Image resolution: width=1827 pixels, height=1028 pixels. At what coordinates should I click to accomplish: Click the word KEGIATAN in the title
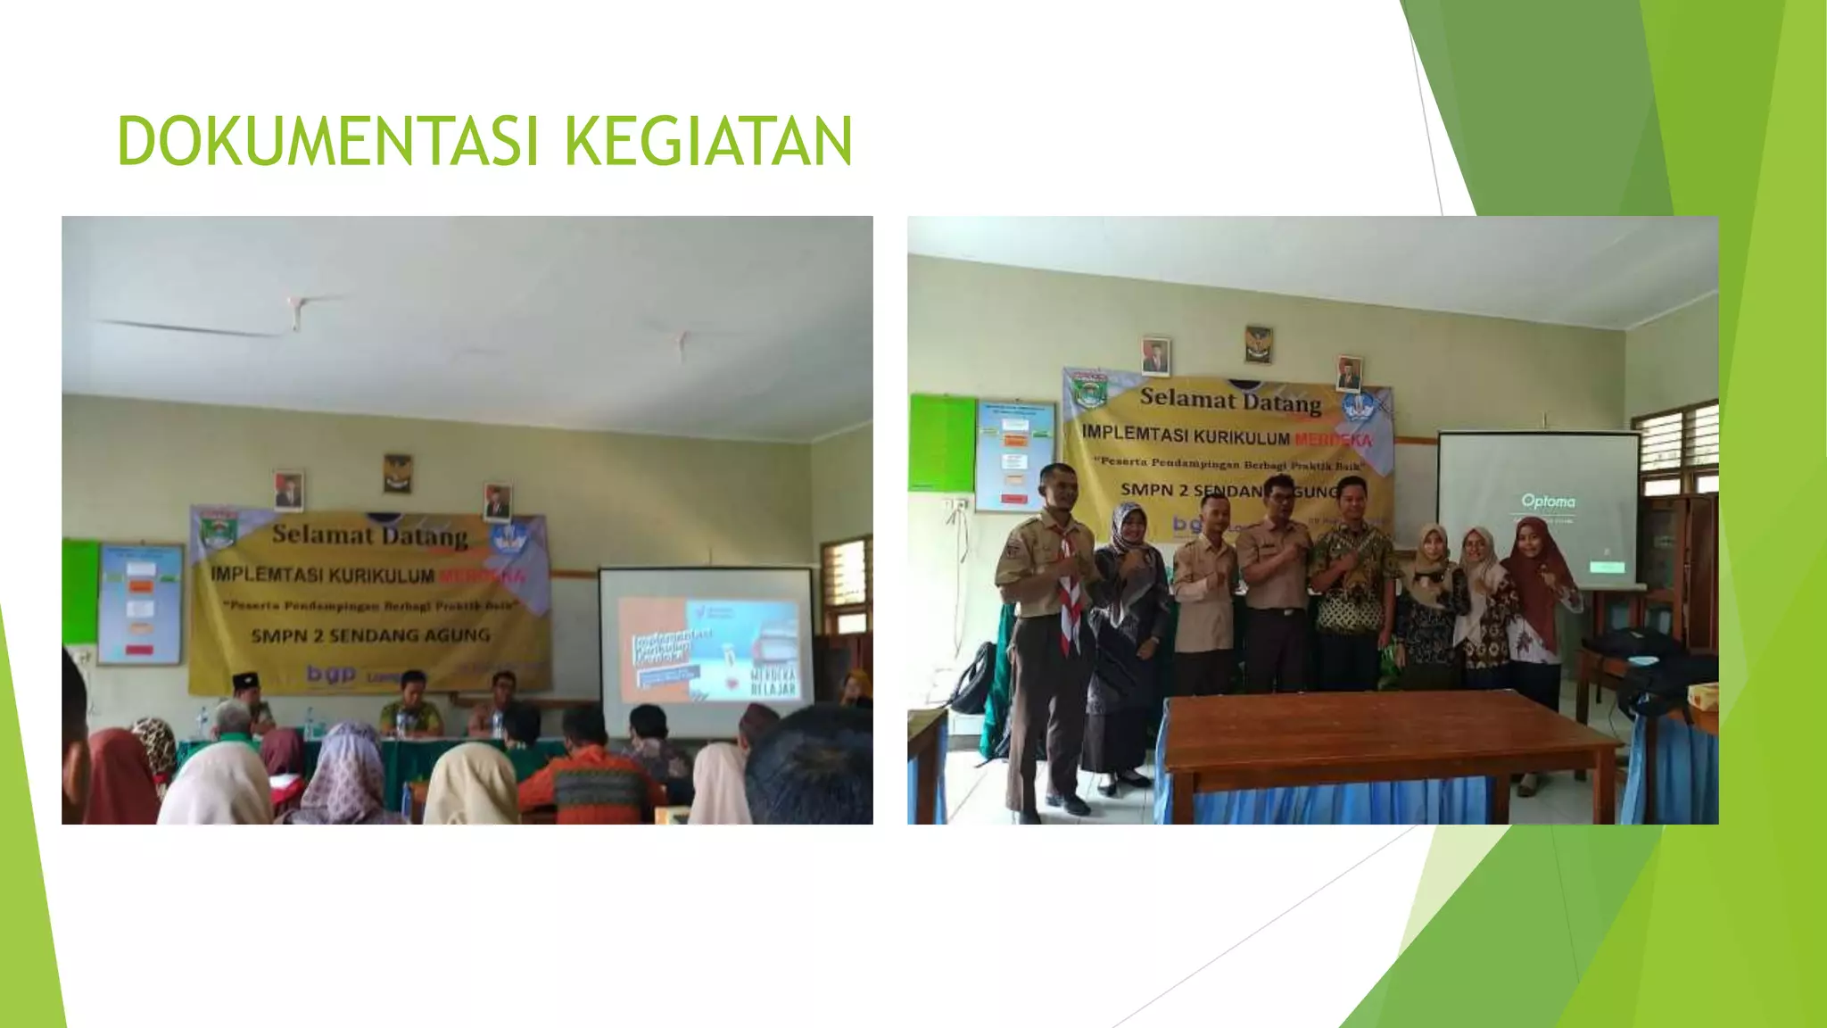(708, 141)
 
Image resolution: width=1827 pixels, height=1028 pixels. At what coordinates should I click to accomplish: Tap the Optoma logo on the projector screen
(1548, 502)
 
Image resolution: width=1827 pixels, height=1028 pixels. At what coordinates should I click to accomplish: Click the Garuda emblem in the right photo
(1258, 344)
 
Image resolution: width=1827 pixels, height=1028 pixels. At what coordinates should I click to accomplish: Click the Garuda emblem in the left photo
(397, 473)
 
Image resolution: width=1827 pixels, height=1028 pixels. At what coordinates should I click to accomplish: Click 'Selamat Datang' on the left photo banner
(369, 535)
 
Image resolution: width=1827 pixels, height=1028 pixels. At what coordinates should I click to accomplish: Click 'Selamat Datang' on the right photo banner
(1230, 401)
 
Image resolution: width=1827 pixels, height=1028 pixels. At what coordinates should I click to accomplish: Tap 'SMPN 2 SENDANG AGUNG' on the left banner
(370, 635)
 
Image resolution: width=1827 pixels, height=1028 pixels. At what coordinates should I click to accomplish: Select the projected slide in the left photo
(708, 650)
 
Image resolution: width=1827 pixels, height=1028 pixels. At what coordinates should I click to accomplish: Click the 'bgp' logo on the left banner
(330, 674)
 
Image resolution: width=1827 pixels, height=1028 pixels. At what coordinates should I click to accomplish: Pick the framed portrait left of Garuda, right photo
(1155, 356)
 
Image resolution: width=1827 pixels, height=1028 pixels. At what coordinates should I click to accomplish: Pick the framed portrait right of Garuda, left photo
(497, 502)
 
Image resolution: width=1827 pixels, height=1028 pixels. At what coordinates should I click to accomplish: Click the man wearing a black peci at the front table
(246, 692)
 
